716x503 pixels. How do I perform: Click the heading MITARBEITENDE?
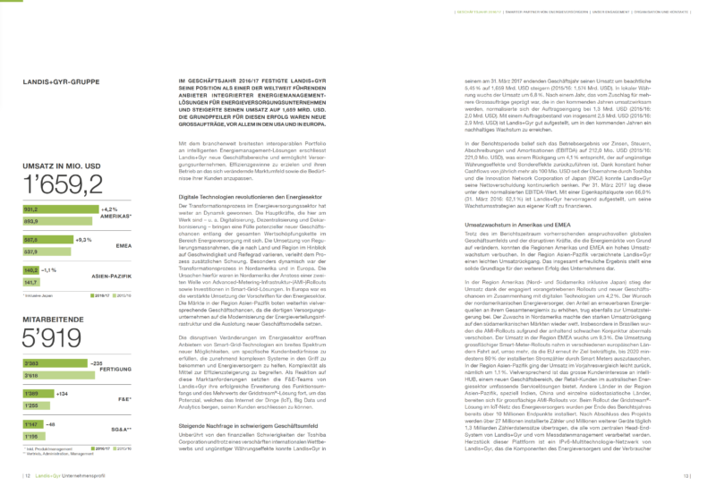[55, 317]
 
